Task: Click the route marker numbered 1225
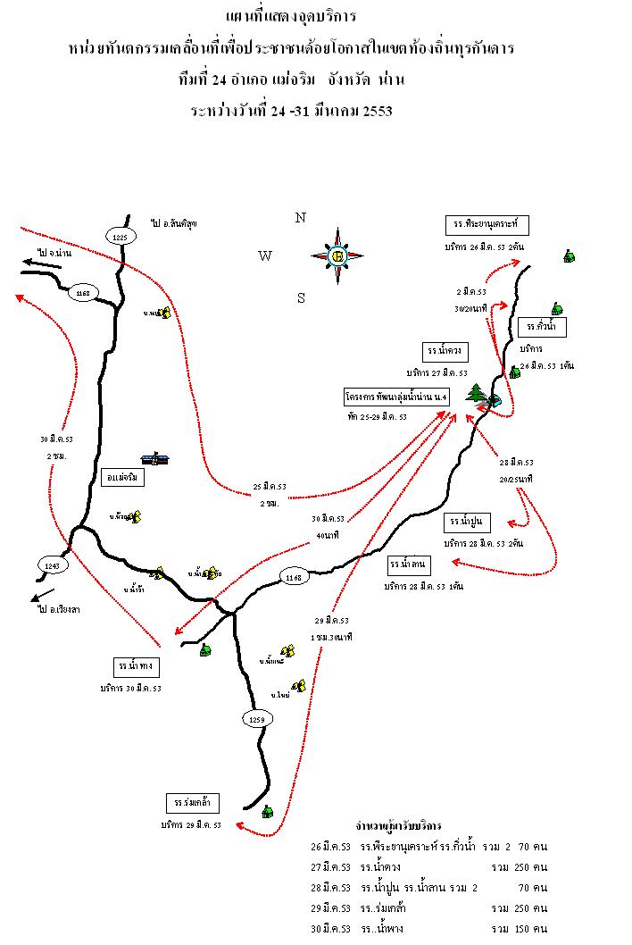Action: [x=121, y=236]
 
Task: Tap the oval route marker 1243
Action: [x=51, y=565]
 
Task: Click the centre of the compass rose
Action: [x=337, y=256]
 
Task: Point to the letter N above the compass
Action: [x=301, y=217]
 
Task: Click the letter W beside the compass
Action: [x=264, y=256]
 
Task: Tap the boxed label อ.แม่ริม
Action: [x=123, y=476]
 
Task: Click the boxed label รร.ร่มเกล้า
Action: [x=192, y=801]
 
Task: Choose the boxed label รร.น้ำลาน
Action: [x=410, y=564]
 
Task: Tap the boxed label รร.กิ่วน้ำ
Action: [x=542, y=326]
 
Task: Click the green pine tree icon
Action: [x=477, y=394]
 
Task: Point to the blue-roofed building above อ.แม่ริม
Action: [x=158, y=458]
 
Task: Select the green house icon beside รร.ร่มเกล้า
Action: [x=266, y=811]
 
